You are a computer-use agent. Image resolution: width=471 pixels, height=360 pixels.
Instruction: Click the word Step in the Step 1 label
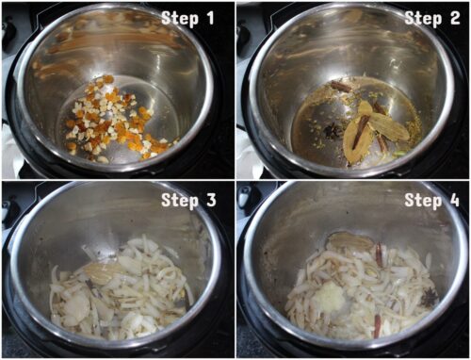pos(180,19)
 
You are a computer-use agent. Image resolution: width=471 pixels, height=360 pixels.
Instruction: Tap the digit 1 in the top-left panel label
pos(210,17)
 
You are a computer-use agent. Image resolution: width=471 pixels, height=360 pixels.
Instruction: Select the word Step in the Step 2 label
pos(423,19)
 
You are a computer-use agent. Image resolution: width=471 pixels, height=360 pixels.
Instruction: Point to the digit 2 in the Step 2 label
pos(455,18)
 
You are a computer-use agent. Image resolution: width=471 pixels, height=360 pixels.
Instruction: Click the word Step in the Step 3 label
pos(180,201)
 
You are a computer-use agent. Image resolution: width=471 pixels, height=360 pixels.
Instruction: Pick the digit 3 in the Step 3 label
pos(211,200)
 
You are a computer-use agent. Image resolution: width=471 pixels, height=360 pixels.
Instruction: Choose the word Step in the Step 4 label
pos(423,201)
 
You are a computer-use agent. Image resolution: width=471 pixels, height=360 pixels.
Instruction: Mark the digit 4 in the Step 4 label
pos(455,200)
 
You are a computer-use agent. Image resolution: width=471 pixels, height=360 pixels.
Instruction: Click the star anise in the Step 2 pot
pos(331,131)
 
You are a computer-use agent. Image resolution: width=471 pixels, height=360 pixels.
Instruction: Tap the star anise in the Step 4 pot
pos(428,297)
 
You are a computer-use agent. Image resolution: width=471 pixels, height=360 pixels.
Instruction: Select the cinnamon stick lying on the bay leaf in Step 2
pos(360,130)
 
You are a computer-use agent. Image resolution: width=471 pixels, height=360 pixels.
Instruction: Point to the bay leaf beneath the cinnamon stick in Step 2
pos(355,141)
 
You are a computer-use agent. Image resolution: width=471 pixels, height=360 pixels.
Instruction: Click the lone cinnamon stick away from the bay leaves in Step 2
pos(340,87)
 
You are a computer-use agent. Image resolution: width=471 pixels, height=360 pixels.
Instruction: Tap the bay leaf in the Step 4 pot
pos(349,242)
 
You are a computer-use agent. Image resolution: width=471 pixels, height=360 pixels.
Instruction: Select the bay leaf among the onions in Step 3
pos(101,270)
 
